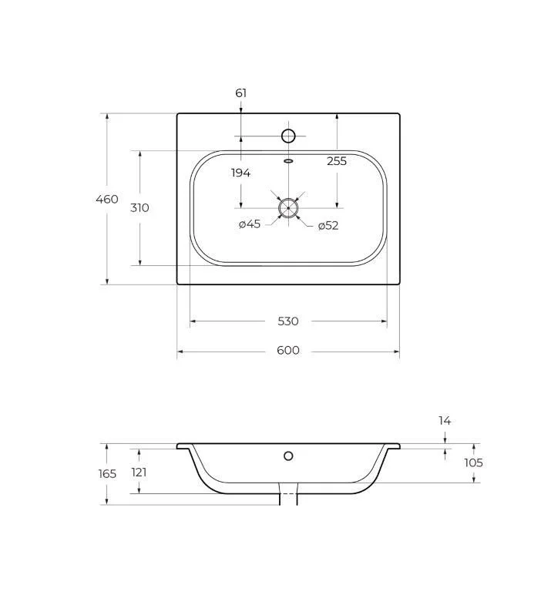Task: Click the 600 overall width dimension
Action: point(288,350)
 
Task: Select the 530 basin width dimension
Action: point(288,321)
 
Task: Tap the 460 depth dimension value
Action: point(107,199)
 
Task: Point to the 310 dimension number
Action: point(139,207)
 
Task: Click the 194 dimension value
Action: point(240,173)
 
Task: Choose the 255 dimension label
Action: point(337,161)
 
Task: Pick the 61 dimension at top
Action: point(240,92)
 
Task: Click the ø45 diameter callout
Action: point(250,224)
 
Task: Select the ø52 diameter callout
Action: point(328,225)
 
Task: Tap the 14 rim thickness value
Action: point(445,421)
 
